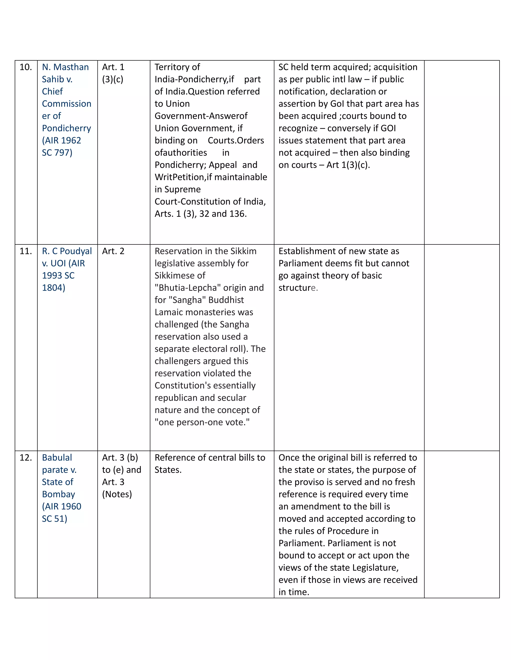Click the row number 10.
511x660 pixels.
(26, 67)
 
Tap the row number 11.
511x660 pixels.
(26, 251)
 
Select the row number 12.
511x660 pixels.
(26, 457)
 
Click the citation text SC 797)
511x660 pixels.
(57, 153)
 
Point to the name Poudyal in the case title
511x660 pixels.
(76, 251)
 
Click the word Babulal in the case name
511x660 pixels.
(57, 457)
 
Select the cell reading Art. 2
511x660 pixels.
(113, 251)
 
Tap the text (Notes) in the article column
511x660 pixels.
(117, 494)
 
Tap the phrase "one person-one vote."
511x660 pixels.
(202, 422)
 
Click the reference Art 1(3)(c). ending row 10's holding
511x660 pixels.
(348, 165)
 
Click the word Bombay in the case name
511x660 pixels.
(58, 494)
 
